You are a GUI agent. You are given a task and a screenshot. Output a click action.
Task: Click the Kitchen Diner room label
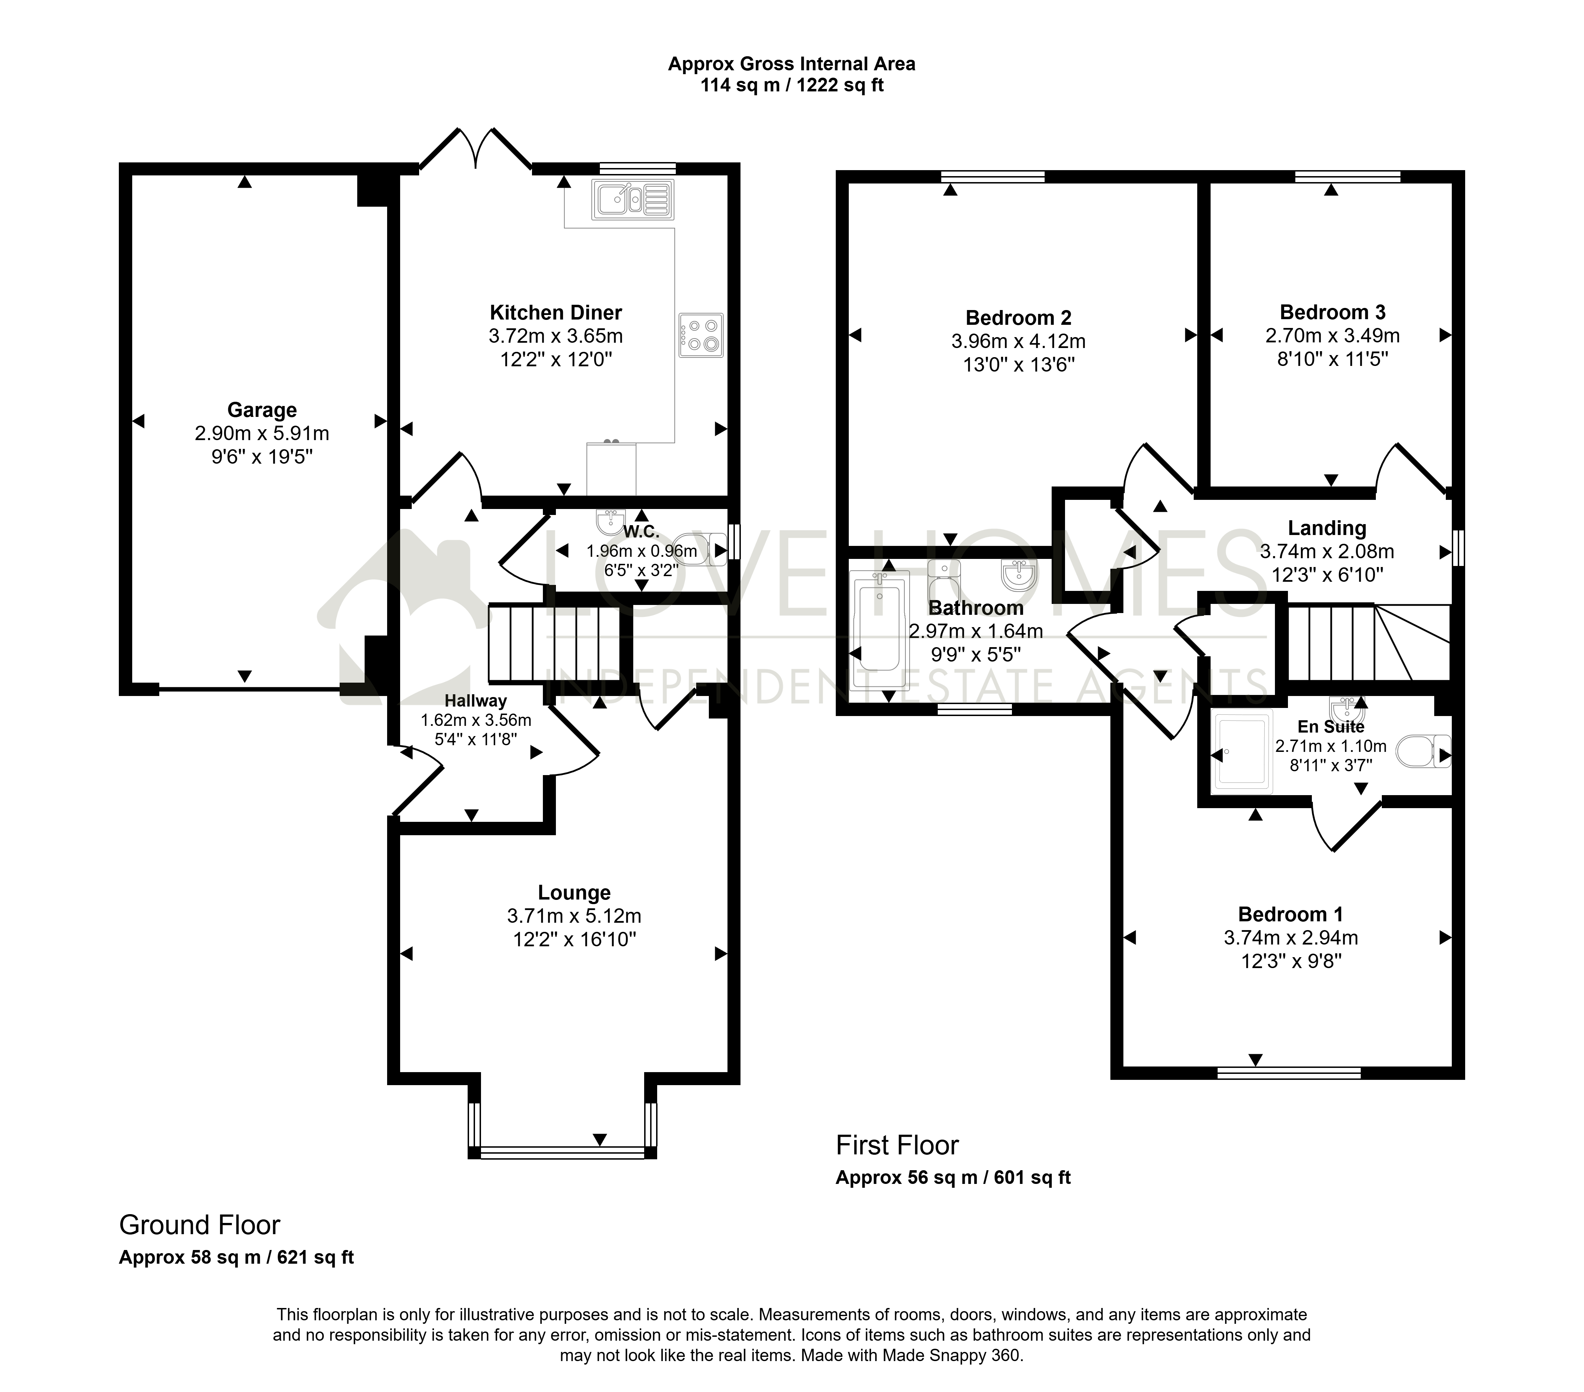point(556,313)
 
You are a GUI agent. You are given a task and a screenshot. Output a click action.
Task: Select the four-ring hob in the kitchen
point(700,335)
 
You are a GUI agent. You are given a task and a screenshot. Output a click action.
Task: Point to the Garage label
point(262,410)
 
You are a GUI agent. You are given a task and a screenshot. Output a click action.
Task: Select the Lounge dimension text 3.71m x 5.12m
point(574,916)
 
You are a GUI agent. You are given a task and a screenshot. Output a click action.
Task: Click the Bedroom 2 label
point(1018,318)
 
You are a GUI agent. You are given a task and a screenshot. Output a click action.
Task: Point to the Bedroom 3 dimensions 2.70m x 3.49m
point(1332,335)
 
